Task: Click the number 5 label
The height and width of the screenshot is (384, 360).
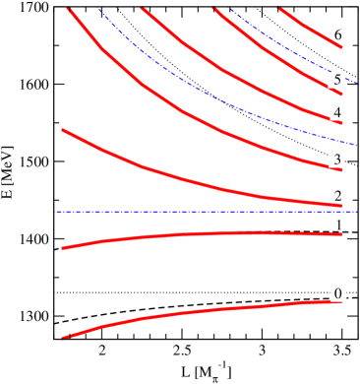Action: point(337,80)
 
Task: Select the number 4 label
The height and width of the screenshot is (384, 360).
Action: point(337,113)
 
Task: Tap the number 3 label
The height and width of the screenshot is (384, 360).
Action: point(337,160)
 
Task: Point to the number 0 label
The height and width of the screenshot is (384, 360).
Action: point(337,293)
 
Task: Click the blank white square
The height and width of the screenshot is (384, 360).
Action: point(279,81)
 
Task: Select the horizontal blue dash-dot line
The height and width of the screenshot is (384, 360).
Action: point(197,212)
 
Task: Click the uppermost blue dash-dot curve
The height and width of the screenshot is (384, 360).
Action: point(285,49)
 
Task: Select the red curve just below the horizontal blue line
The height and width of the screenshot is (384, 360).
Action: point(197,234)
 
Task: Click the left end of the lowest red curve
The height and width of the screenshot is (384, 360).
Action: point(64,337)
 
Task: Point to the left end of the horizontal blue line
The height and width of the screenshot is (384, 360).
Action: point(58,212)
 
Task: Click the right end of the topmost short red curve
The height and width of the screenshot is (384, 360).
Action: point(341,46)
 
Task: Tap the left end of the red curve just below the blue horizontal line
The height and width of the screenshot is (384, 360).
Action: point(64,247)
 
